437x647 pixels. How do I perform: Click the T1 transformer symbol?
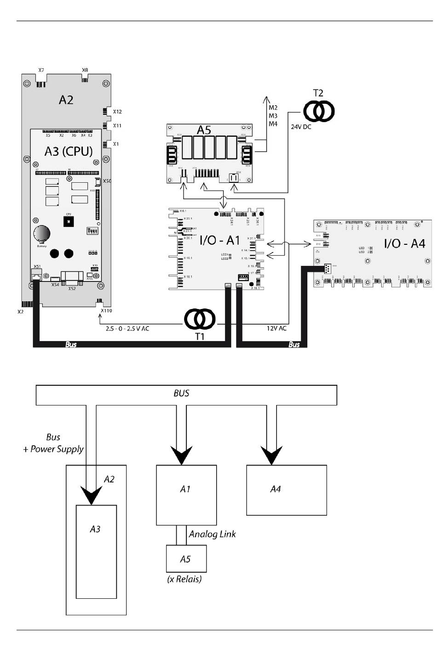tap(200, 319)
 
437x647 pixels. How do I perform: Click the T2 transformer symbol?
tap(318, 111)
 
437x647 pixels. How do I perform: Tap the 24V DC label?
tap(301, 127)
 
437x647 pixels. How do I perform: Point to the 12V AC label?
tap(276, 328)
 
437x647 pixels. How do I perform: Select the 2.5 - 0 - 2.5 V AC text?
tap(127, 328)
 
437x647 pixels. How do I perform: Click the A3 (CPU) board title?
tap(69, 151)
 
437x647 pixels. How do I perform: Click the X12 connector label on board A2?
tap(117, 112)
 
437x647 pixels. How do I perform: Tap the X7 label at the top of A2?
tap(41, 70)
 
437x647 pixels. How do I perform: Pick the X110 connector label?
tap(106, 311)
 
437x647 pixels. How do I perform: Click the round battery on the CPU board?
tap(42, 233)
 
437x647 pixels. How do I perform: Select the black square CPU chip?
tap(69, 222)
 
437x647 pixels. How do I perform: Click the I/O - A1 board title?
tap(219, 240)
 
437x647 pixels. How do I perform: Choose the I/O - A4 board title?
tap(404, 243)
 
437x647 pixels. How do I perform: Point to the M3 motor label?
tap(273, 116)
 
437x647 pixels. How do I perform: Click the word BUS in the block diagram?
tap(181, 394)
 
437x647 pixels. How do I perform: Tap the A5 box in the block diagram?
tap(186, 559)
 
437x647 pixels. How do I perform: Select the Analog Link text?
tap(212, 534)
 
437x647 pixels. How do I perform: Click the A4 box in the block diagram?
tap(286, 490)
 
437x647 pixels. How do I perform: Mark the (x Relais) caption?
tap(184, 579)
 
